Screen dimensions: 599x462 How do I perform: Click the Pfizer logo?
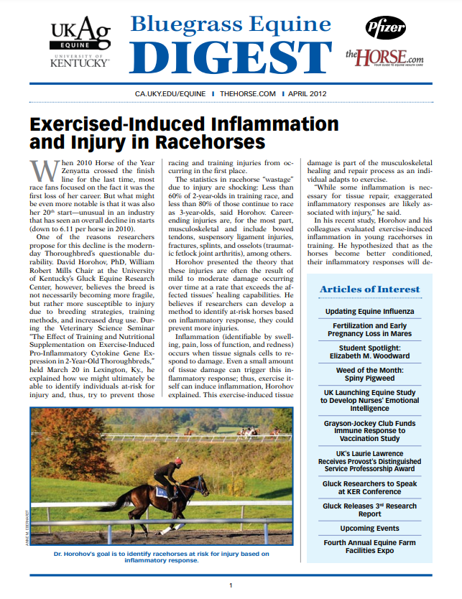click(x=385, y=28)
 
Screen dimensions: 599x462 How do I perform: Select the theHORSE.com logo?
click(x=384, y=55)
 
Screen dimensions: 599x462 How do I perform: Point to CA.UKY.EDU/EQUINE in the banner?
click(x=172, y=94)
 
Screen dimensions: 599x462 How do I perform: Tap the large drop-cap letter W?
click(x=40, y=172)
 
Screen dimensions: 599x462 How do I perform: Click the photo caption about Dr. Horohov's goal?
click(x=161, y=557)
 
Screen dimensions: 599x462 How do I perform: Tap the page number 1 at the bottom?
click(x=231, y=586)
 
